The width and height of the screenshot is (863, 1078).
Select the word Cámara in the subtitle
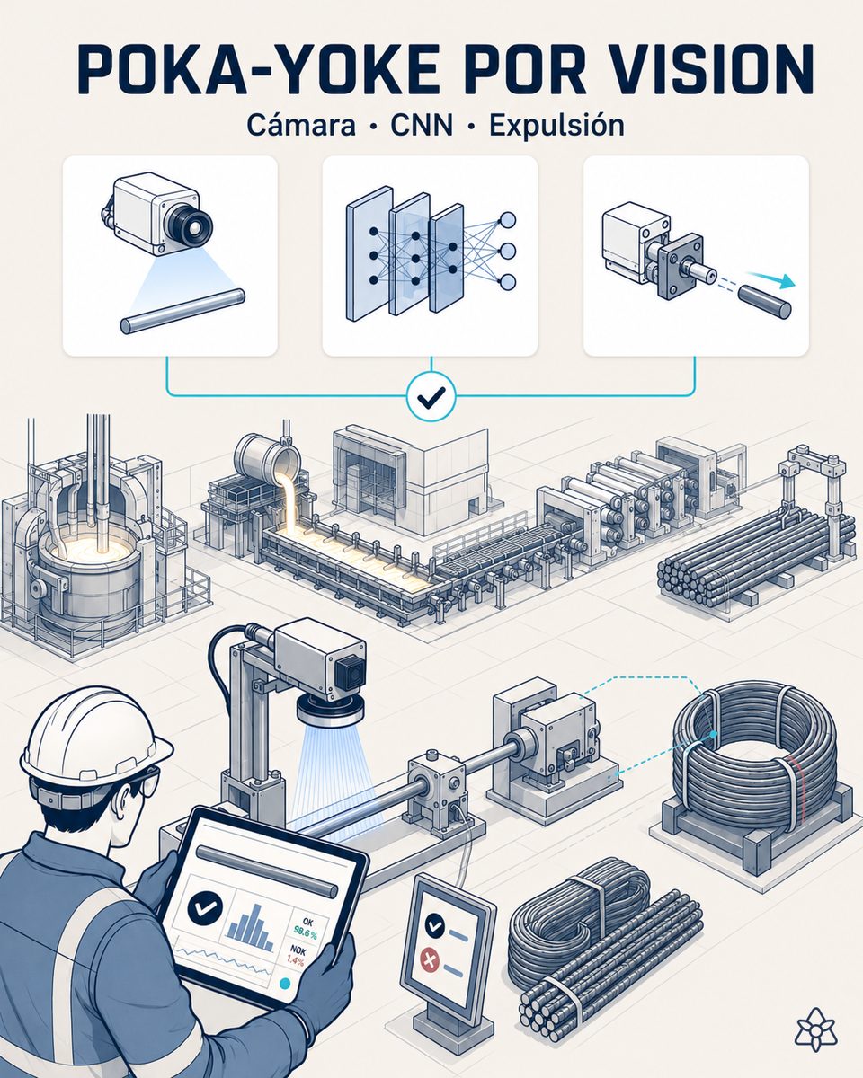pyautogui.click(x=301, y=125)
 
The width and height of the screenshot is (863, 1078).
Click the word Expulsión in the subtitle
pyautogui.click(x=556, y=125)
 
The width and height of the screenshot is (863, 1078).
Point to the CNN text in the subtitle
pyautogui.click(x=422, y=126)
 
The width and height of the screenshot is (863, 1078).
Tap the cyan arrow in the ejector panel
pyautogui.click(x=770, y=278)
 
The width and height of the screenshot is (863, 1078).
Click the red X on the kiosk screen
pyautogui.click(x=431, y=959)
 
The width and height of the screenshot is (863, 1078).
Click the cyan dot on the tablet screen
pyautogui.click(x=285, y=983)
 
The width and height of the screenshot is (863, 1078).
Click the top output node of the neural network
pyautogui.click(x=508, y=219)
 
